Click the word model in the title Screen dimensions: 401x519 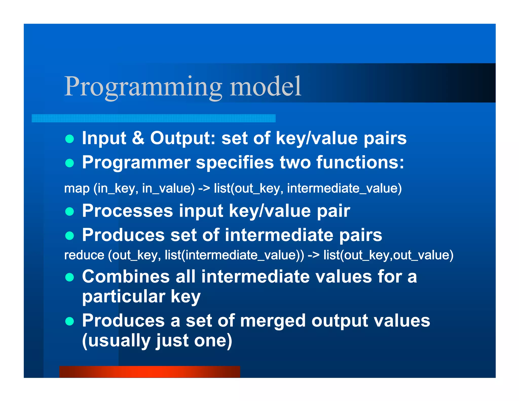pos(265,87)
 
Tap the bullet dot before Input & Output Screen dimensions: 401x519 pos(69,139)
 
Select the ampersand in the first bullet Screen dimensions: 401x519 pos(138,138)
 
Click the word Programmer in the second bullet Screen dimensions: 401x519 pos(136,162)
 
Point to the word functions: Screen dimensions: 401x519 pos(360,162)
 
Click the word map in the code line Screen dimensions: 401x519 pos(77,189)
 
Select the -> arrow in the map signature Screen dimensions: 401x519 pos(204,189)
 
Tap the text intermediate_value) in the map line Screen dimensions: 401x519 pos(344,189)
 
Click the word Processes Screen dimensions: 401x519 pos(127,211)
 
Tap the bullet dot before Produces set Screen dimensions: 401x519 pos(69,236)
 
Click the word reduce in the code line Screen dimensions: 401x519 pos(84,255)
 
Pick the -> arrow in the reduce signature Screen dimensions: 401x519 pos(313,255)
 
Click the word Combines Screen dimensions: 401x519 pos(126,277)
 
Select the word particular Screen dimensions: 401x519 pos(123,297)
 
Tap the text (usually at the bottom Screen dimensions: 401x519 pos(116,341)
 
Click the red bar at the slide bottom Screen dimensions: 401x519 pos(150,372)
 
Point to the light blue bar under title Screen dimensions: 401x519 pos(153,118)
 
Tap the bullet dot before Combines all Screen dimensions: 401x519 pos(69,277)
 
